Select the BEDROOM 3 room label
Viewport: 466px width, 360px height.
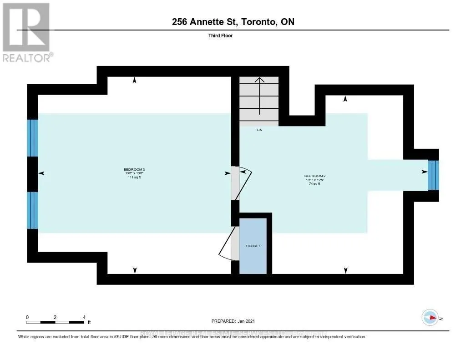click(134, 169)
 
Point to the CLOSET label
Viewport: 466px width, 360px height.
click(253, 246)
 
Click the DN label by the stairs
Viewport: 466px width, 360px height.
click(259, 130)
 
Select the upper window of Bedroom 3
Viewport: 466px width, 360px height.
click(32, 138)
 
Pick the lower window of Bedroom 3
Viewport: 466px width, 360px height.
click(32, 210)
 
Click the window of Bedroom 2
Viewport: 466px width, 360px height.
click(433, 175)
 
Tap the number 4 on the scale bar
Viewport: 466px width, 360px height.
click(84, 317)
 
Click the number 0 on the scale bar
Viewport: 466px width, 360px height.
click(27, 317)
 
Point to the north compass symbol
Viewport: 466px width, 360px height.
click(430, 318)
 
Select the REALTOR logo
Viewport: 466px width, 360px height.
click(26, 32)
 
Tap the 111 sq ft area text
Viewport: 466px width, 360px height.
click(134, 177)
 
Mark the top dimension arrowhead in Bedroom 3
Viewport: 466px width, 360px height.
click(134, 81)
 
